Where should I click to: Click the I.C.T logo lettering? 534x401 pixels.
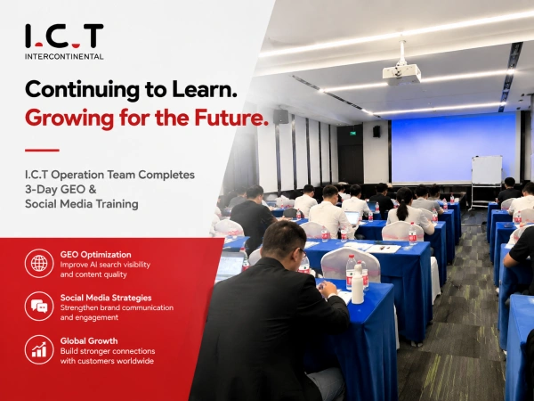(64, 36)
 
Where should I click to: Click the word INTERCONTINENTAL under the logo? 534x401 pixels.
(64, 57)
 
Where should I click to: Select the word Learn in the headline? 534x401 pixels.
(205, 89)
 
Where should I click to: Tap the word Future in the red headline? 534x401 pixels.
(231, 118)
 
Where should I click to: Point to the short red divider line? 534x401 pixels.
(42, 150)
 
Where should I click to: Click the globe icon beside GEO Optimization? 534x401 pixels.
(39, 263)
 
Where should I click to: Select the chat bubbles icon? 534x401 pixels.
(39, 307)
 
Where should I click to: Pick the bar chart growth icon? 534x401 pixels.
(39, 349)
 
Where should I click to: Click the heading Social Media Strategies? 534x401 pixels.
(106, 298)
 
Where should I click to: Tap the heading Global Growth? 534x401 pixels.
(89, 341)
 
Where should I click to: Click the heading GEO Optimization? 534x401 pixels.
(96, 255)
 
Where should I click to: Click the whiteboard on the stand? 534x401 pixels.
(487, 170)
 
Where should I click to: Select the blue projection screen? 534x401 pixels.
(454, 149)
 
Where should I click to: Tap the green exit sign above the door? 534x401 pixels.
(353, 133)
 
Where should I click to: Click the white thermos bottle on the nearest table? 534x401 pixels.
(358, 286)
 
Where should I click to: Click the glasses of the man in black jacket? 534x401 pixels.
(303, 253)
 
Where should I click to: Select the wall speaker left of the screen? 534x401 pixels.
(376, 132)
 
